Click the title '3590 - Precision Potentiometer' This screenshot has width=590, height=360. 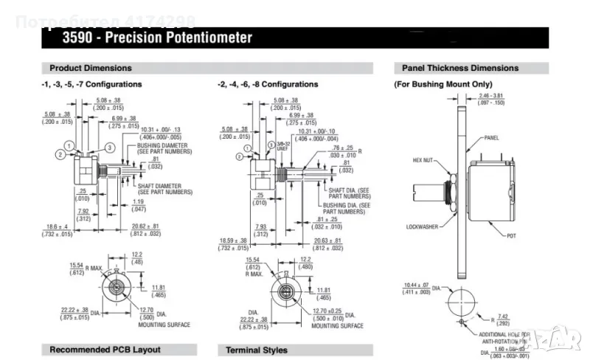click(x=157, y=37)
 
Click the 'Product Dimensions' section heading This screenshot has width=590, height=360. click(x=91, y=68)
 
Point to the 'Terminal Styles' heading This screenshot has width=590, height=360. click(x=257, y=350)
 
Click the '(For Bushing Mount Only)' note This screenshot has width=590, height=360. click(x=442, y=84)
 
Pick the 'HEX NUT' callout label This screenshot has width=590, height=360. click(x=426, y=159)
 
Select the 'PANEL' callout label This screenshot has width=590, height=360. click(x=492, y=138)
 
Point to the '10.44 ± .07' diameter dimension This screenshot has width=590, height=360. click(x=417, y=285)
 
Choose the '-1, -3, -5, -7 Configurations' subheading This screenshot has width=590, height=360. click(x=91, y=84)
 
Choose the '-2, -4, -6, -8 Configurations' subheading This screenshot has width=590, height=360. click(x=268, y=84)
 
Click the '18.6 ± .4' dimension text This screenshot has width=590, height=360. click(x=57, y=226)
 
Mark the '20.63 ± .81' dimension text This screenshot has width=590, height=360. click(x=325, y=240)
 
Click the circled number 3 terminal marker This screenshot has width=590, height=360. click(x=108, y=148)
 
